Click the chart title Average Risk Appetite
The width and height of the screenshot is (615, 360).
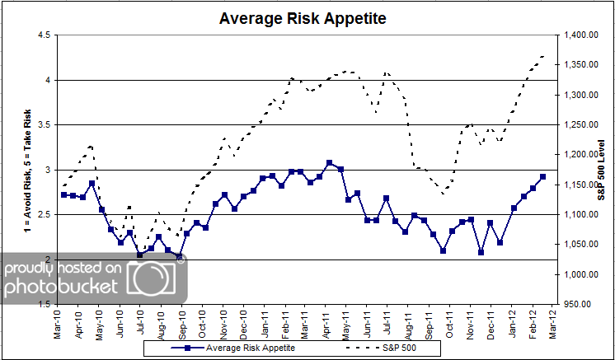(x=301, y=17)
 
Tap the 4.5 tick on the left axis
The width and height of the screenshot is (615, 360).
(x=44, y=35)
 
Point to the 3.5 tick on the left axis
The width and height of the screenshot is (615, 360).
(x=44, y=125)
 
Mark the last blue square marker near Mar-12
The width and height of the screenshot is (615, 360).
(x=542, y=176)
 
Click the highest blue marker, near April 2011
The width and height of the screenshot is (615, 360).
(x=329, y=163)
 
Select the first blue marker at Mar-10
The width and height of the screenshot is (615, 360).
(x=64, y=194)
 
